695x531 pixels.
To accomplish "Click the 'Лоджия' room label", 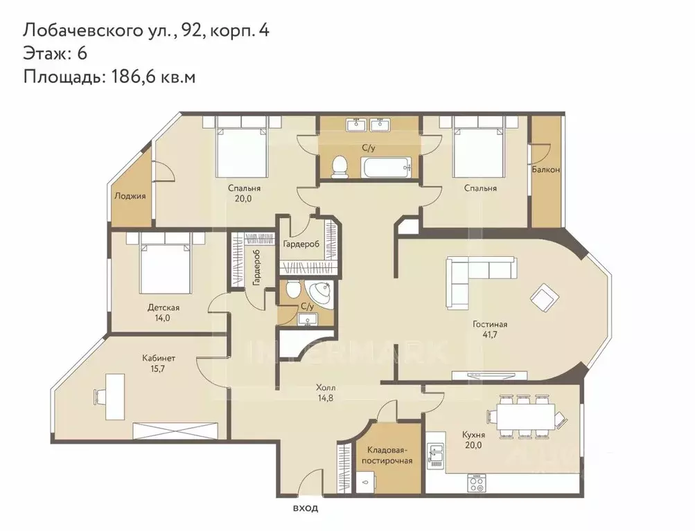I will pos(130,196).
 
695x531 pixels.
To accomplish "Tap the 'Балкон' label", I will pos(546,170).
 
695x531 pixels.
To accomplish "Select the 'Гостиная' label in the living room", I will pos(490,324).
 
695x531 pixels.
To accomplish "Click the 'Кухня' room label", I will pos(473,435).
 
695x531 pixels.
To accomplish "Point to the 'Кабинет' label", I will pos(159,358).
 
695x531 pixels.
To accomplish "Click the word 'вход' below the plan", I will pos(305,509).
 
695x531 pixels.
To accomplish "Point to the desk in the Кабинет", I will pos(111,393).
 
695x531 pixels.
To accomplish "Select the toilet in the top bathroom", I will pos(340,167).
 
